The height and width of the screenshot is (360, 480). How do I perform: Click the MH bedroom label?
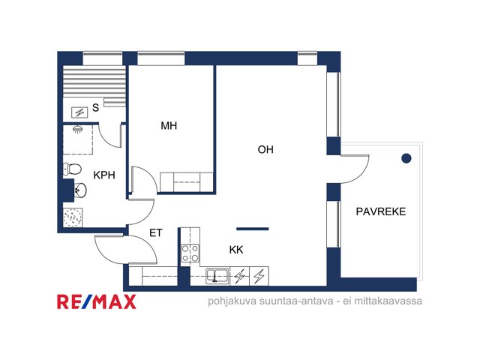pos(169,125)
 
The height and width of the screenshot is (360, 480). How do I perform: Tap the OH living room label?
pos(265,149)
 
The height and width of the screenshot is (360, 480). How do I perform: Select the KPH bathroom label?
pos(104,175)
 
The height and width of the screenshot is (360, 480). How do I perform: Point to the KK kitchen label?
pos(236,250)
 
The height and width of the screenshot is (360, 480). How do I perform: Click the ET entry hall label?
pos(155,233)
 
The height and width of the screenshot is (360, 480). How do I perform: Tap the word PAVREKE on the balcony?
pos(381,211)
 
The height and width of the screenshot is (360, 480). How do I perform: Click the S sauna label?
pos(95,107)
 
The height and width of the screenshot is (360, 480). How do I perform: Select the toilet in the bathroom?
pos(72,169)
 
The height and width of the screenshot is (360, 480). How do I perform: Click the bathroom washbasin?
pos(80,190)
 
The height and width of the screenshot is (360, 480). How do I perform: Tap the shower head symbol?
pos(78,129)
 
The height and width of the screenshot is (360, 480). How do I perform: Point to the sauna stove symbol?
pos(79,112)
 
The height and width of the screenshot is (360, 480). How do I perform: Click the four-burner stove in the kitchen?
pos(190,253)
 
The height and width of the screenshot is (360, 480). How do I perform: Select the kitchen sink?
pos(217,275)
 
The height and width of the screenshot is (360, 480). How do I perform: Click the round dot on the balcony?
pos(406,158)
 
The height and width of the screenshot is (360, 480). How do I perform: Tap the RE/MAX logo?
pos(97,301)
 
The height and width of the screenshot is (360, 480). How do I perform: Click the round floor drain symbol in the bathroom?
pos(73,217)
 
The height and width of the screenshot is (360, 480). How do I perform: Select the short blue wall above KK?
pos(253,229)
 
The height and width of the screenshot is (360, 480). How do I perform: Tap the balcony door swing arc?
pos(361,175)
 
